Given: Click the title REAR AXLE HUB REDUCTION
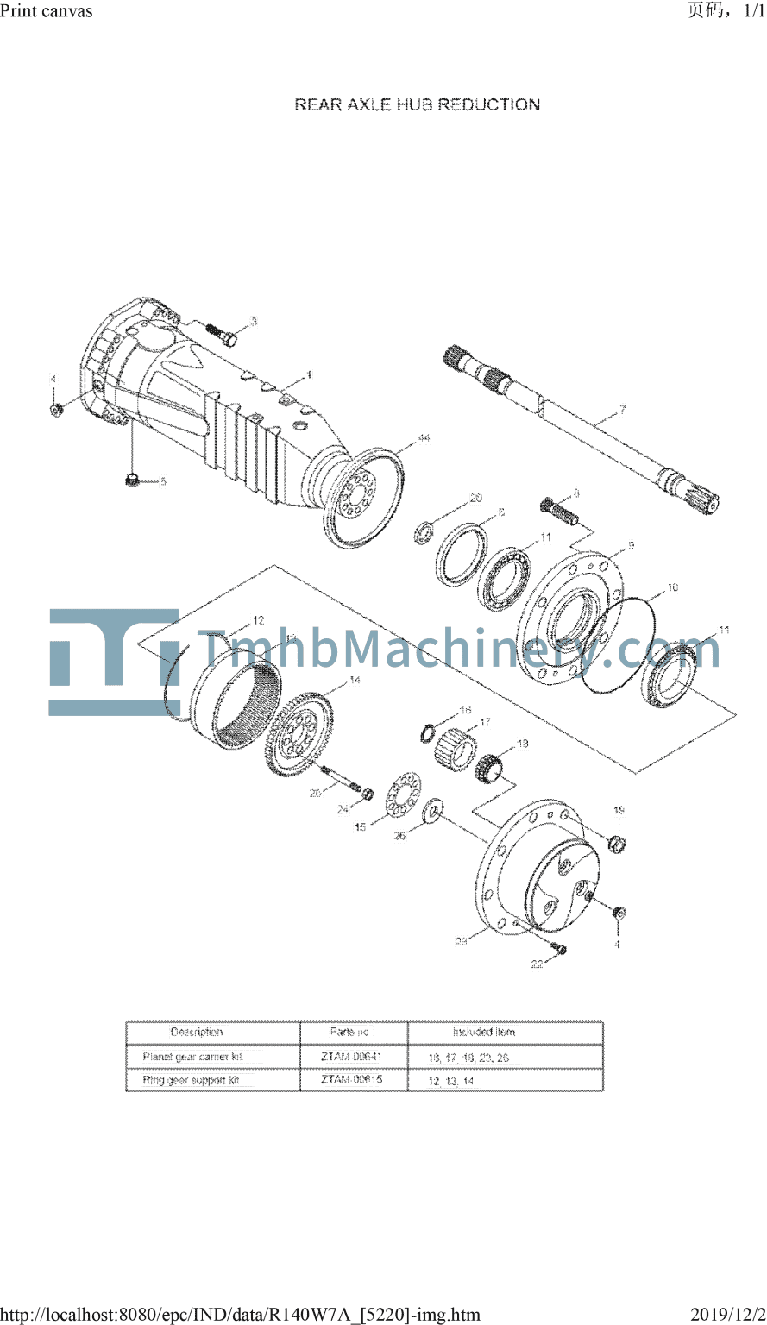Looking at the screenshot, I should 418,104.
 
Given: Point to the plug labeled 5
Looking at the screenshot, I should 132,479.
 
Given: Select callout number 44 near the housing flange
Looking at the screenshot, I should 423,439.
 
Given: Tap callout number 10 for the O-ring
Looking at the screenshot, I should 672,587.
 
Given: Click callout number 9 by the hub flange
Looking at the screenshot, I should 631,546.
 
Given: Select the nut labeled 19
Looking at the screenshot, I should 618,843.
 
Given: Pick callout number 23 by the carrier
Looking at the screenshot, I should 462,942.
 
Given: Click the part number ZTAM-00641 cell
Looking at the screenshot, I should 352,1056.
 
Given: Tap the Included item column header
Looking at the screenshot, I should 483,1032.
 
